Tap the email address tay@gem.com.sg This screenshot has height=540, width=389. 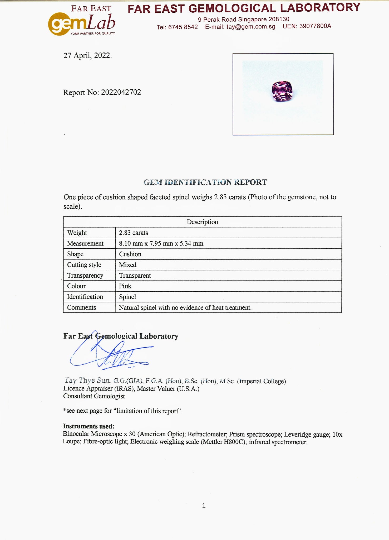click(251, 27)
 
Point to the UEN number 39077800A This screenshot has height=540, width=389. click(315, 26)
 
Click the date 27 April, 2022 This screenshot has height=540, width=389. click(87, 56)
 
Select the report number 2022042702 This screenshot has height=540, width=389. click(121, 92)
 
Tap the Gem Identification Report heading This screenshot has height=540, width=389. click(205, 182)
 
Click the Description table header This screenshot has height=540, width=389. click(202, 222)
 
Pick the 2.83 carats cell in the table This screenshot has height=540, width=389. click(134, 233)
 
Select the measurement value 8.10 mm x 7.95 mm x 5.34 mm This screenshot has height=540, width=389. click(161, 243)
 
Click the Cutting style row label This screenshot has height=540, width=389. click(84, 265)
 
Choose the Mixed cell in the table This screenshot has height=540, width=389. click(128, 265)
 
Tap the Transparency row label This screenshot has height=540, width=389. click(85, 276)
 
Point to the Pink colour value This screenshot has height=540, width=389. click(125, 286)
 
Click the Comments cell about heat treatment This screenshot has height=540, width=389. click(185, 307)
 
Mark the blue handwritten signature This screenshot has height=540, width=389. click(111, 353)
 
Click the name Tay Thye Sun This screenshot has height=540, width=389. click(87, 380)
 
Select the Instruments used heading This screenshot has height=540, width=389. click(88, 426)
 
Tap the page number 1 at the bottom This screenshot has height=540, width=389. click(204, 506)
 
